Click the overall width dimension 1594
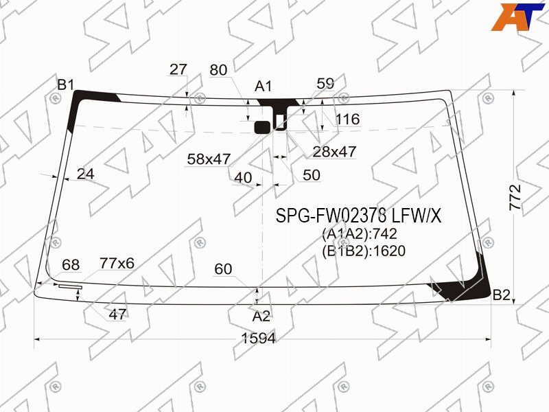pyautogui.click(x=259, y=339)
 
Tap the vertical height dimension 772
pyautogui.click(x=515, y=197)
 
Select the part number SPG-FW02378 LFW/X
pyautogui.click(x=358, y=216)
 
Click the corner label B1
pyautogui.click(x=66, y=84)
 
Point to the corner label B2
pyautogui.click(x=502, y=295)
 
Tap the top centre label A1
pyautogui.click(x=264, y=87)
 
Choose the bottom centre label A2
pyautogui.click(x=261, y=317)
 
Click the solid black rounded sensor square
pyautogui.click(x=262, y=128)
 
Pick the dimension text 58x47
pyautogui.click(x=209, y=159)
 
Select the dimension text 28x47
pyautogui.click(x=334, y=152)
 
